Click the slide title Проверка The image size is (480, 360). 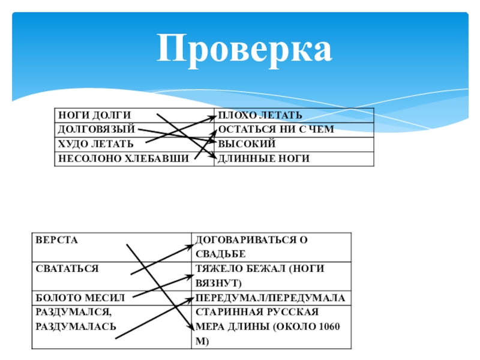[x=244, y=49]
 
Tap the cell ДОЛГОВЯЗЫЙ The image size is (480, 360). [x=95, y=130]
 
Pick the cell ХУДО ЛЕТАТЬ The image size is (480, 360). [x=95, y=144]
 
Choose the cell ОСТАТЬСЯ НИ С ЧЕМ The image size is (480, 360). [x=275, y=130]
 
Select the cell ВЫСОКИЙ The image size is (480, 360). [x=247, y=144]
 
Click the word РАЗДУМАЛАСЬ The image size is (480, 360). [x=76, y=326]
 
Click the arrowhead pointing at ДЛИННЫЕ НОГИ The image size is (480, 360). [x=211, y=158]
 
